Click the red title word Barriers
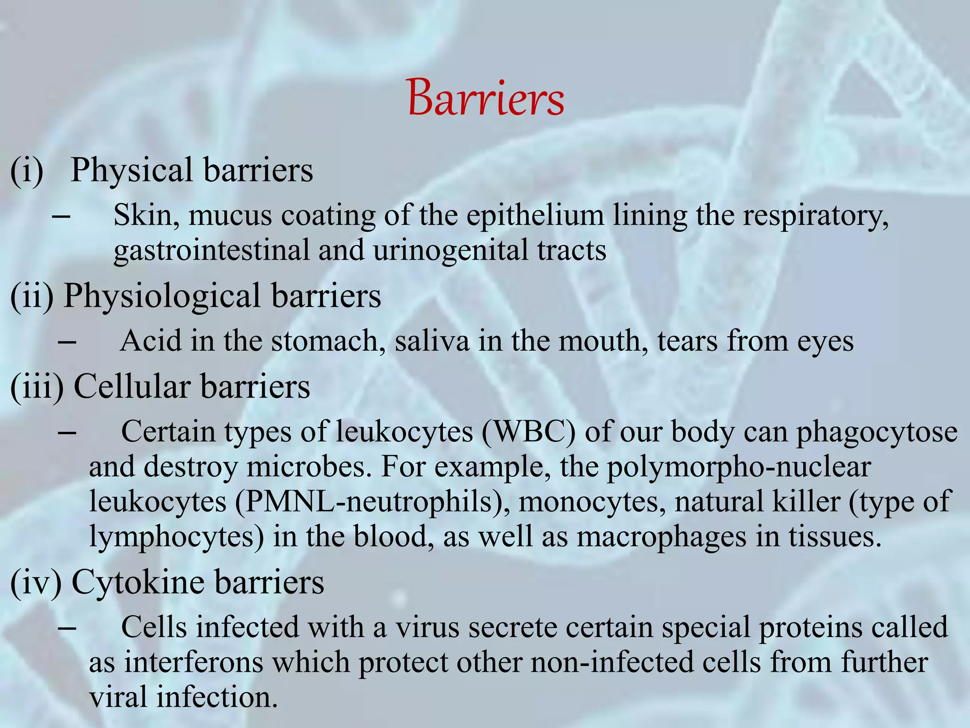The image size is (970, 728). pos(485,98)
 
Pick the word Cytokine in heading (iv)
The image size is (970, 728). pos(138,582)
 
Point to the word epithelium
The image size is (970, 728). pos(535,216)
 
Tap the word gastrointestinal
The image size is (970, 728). pos(211,250)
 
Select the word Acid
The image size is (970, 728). pos(151,340)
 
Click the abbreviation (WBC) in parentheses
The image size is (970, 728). pos(529,432)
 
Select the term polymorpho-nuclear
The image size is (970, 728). pos(739,467)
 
